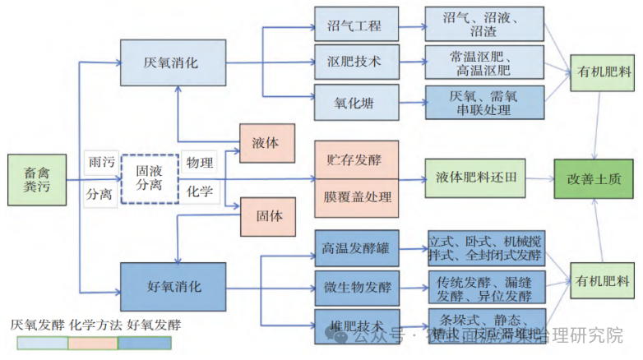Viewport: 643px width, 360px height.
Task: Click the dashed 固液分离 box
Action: [150, 178]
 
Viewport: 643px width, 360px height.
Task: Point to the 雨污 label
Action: [100, 163]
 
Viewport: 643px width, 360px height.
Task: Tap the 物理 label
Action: [199, 163]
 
